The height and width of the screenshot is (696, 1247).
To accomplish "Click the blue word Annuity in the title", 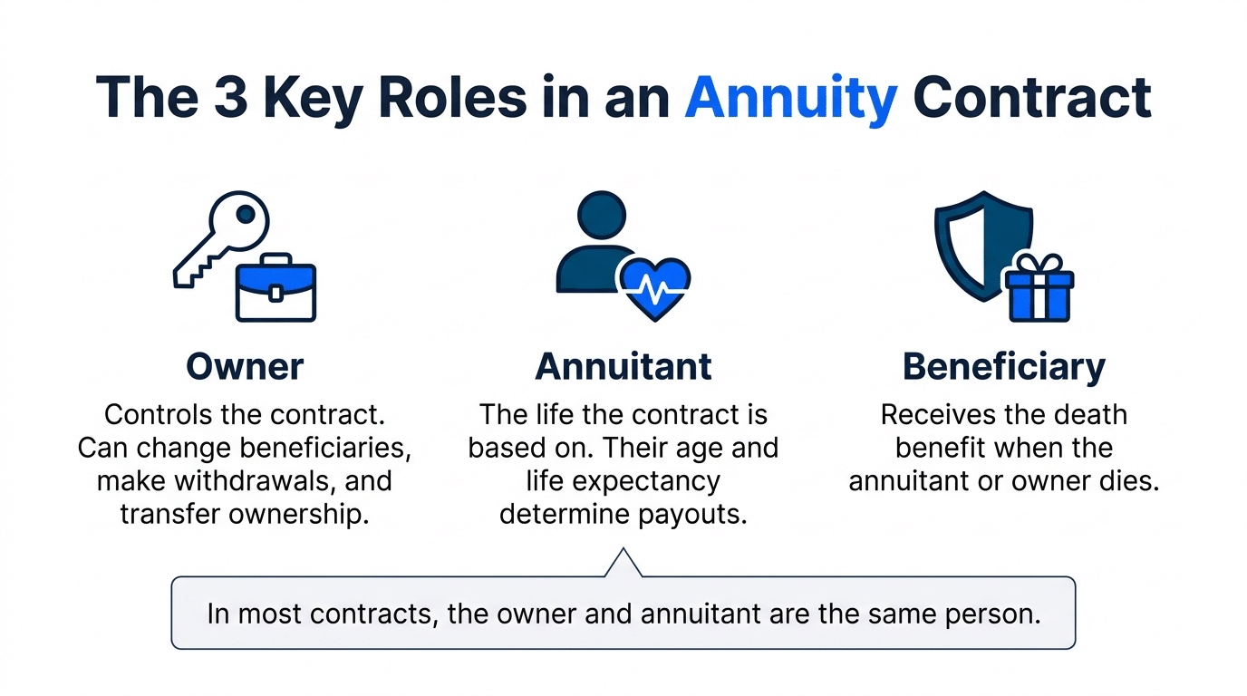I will click(x=790, y=98).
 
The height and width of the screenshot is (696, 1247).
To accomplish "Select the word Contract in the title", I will click(x=1031, y=98).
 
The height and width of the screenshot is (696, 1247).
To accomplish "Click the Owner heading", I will click(x=245, y=366).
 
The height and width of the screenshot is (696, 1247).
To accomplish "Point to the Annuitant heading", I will click(x=623, y=366).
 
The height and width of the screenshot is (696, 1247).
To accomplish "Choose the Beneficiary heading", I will click(x=1004, y=366).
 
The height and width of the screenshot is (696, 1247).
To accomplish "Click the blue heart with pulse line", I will click(x=652, y=282).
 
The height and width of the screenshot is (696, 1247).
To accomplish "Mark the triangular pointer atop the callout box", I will click(x=623, y=564).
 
